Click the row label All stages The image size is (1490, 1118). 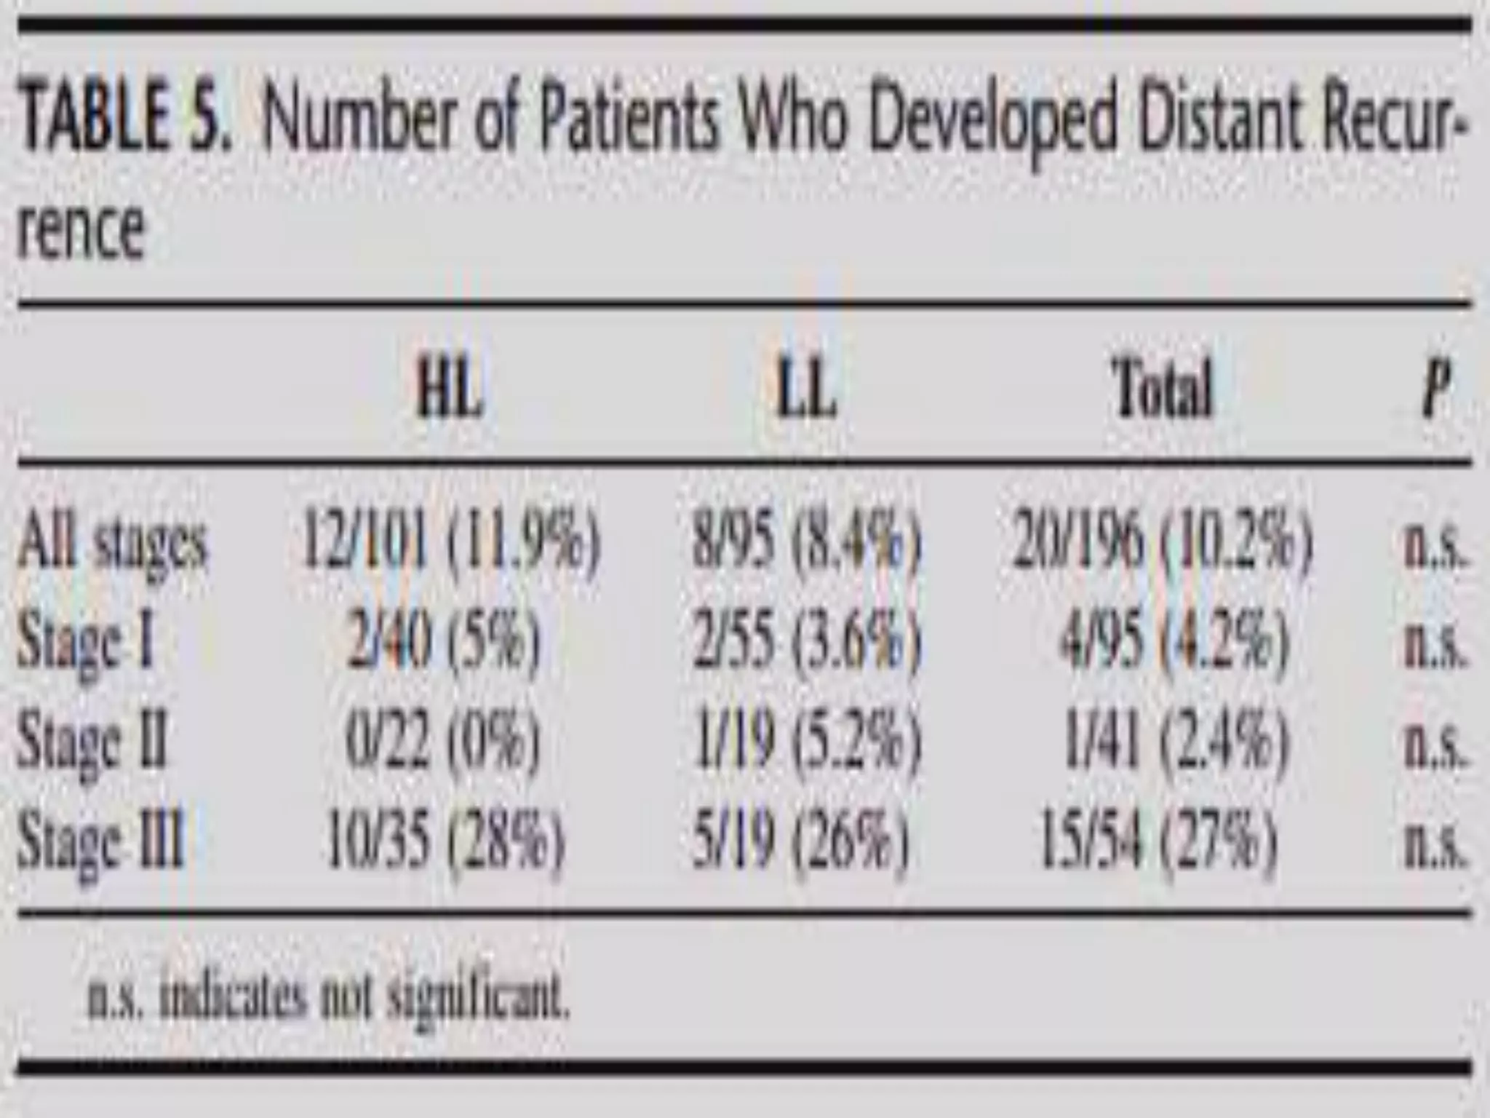112,543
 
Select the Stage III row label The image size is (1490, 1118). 100,841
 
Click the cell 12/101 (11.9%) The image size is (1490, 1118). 451,543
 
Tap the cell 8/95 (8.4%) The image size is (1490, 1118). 806,543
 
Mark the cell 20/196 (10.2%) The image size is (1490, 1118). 1163,543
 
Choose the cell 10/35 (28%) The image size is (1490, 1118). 445,841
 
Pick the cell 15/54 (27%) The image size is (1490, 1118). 1158,841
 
